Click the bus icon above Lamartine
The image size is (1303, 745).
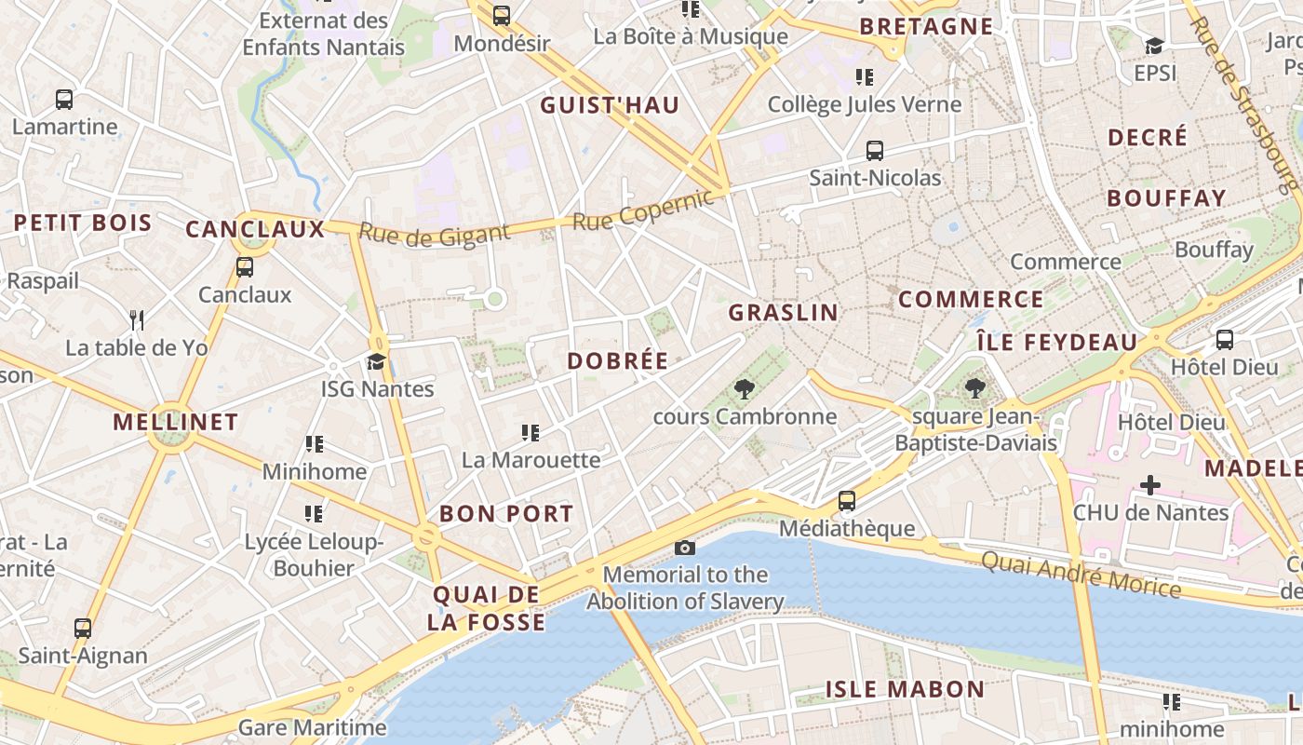coord(64,99)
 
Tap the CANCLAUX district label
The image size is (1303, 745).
coord(254,229)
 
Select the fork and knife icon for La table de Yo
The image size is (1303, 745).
coord(137,320)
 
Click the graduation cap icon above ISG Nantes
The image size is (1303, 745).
coord(376,361)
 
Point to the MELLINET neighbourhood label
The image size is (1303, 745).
coord(176,422)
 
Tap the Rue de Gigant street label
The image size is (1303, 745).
coord(435,235)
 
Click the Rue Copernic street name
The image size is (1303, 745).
coord(644,210)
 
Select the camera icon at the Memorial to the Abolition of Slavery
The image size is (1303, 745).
coord(684,548)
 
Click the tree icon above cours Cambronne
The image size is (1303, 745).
coord(744,389)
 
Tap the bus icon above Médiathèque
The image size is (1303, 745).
coord(847,501)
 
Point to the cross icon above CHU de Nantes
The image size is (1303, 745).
coord(1150,485)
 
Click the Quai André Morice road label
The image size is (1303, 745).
coord(1081,574)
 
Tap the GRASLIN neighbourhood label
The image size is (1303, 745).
coord(783,312)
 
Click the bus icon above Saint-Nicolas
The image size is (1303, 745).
coord(874,150)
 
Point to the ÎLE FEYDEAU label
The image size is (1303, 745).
coord(1056,342)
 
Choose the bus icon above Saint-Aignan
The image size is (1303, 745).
coord(83,628)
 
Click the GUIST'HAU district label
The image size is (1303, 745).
coord(610,105)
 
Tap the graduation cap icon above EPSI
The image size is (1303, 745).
coord(1154,45)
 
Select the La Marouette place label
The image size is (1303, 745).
coord(531,460)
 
